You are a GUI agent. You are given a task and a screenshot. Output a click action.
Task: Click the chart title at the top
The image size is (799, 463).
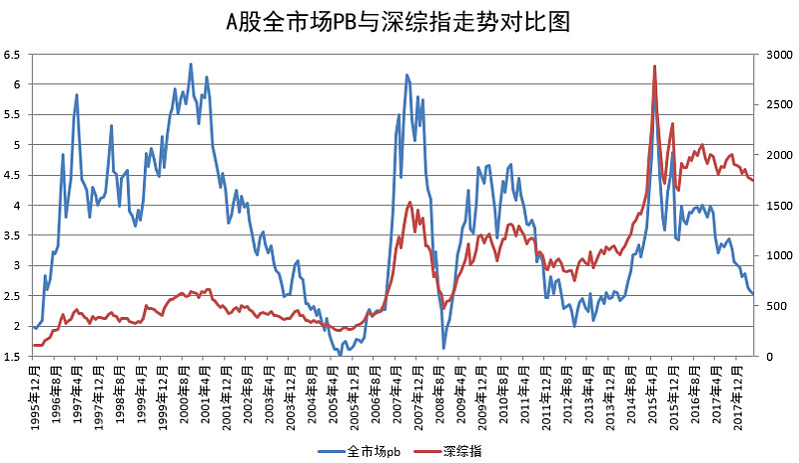click(x=399, y=22)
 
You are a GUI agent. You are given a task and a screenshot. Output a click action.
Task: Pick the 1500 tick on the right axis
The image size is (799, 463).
click(x=774, y=205)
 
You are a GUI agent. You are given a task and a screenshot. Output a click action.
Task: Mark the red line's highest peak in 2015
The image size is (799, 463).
click(x=654, y=66)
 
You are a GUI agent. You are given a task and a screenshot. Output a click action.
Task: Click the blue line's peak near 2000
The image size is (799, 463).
click(x=191, y=64)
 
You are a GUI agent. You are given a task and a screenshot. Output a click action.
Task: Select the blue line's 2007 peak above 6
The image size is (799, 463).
click(x=406, y=75)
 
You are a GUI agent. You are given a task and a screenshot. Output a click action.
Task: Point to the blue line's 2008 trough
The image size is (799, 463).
click(x=443, y=348)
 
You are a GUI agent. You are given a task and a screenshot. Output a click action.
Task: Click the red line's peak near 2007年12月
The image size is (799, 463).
click(x=410, y=202)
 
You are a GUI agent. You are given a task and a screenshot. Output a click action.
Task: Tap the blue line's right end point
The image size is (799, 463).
click(x=753, y=294)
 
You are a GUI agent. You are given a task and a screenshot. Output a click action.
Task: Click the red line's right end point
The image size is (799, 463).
click(x=753, y=180)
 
